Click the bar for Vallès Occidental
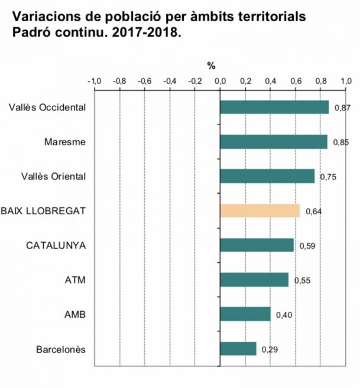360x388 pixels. click(274, 107)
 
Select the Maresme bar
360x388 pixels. click(273, 142)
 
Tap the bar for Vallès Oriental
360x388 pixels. click(267, 176)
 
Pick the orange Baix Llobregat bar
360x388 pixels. click(260, 211)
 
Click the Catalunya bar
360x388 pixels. click(257, 245)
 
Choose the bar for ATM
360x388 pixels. click(254, 280)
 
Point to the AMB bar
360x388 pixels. click(245, 314)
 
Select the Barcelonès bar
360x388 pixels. click(238, 348)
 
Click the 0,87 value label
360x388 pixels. click(342, 108)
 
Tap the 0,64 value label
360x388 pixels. click(313, 211)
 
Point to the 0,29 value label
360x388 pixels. click(270, 349)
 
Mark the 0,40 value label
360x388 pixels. click(284, 315)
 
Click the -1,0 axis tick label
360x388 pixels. click(94, 81)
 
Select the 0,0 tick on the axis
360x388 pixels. click(220, 81)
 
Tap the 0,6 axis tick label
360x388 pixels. click(296, 81)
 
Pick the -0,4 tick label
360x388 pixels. click(169, 81)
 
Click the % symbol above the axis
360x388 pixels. click(211, 66)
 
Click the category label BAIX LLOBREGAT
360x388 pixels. click(44, 211)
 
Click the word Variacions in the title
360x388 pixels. click(40, 16)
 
